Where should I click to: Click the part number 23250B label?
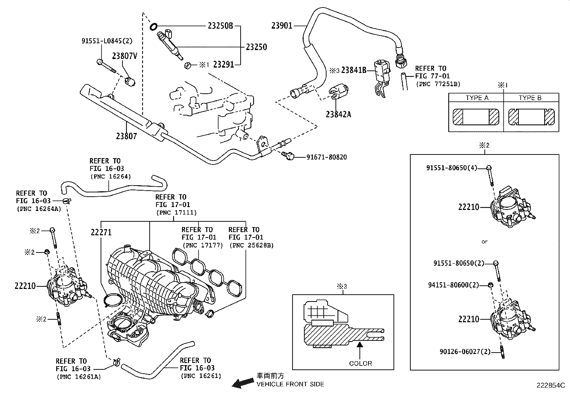click(x=220, y=26)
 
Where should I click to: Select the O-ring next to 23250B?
click(x=153, y=26)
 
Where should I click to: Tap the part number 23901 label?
click(x=282, y=25)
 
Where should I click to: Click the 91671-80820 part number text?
click(x=326, y=157)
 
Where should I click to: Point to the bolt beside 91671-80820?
click(x=288, y=155)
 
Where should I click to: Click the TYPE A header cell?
click(x=477, y=98)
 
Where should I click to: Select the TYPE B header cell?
click(x=530, y=98)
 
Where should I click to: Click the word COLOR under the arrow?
click(x=361, y=363)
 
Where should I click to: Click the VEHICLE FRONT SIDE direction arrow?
click(x=241, y=383)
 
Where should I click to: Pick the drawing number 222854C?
click(x=550, y=385)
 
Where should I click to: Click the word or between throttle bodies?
click(x=484, y=242)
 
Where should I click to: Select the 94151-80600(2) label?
click(x=453, y=285)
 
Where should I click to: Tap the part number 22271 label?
click(x=101, y=232)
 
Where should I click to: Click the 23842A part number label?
click(x=338, y=114)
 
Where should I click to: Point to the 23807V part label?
click(x=125, y=56)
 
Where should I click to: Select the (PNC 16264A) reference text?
click(x=38, y=209)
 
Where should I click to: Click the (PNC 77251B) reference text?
click(x=438, y=84)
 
